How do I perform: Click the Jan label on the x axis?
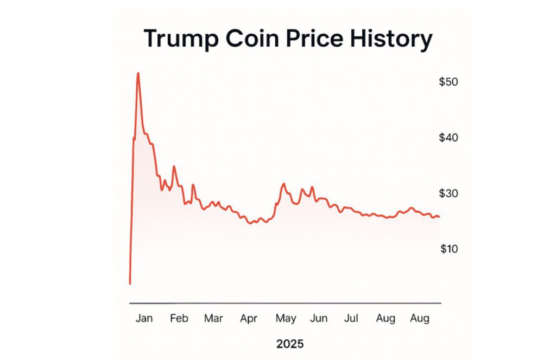click(144, 319)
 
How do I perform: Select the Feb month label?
click(179, 319)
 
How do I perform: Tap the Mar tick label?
click(213, 319)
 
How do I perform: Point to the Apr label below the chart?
click(249, 319)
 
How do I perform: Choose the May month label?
click(286, 319)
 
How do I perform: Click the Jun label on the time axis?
click(319, 319)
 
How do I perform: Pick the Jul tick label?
click(351, 319)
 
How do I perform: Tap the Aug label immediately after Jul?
click(386, 319)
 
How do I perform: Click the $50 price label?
click(448, 82)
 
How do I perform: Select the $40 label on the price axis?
click(448, 138)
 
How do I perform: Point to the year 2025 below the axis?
click(290, 344)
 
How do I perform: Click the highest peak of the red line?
click(138, 73)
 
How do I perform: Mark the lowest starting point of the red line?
click(130, 283)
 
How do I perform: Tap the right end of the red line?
click(439, 217)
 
